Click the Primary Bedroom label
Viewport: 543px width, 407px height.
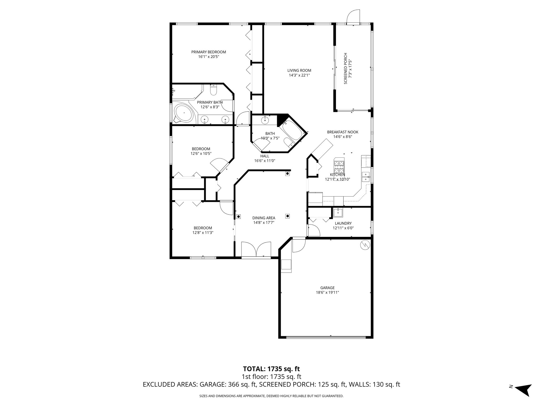(x=208, y=52)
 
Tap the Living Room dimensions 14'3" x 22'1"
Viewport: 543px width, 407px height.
(x=299, y=75)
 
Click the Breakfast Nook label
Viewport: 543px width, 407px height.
(x=343, y=132)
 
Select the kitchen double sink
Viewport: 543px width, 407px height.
(x=366, y=176)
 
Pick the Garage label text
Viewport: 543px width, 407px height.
(x=327, y=288)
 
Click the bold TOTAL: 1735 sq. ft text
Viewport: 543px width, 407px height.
(x=271, y=369)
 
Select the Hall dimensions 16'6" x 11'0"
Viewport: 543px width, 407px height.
(x=265, y=161)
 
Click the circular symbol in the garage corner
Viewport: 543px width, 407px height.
(x=365, y=245)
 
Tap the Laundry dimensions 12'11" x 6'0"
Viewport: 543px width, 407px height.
(x=343, y=228)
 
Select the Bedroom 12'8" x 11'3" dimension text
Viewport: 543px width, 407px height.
(x=203, y=233)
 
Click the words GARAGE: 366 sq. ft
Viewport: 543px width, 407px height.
(x=228, y=384)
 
